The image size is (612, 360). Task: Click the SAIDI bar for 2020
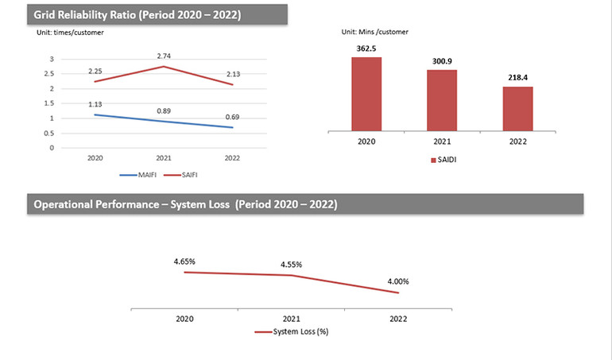(x=366, y=92)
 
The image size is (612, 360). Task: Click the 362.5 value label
(x=366, y=48)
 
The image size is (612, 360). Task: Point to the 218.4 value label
(x=517, y=78)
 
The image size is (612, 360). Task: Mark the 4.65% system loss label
(x=184, y=261)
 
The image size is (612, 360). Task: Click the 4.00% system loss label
(x=398, y=280)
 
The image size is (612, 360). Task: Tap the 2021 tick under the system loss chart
(x=291, y=318)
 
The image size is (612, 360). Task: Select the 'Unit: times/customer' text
(x=70, y=33)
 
